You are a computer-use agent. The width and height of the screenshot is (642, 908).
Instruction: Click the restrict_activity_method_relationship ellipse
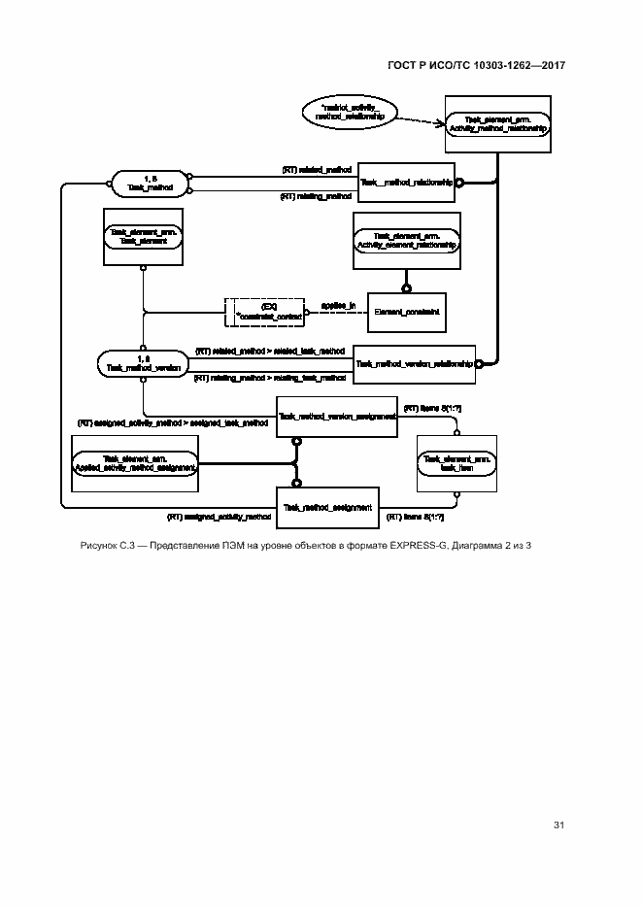[x=344, y=110]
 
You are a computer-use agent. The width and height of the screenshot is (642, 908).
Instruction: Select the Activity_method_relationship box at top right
[x=498, y=123]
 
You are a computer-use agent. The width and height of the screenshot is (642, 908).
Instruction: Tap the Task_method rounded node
[x=150, y=184]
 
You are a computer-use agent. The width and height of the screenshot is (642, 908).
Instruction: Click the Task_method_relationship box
[x=406, y=182]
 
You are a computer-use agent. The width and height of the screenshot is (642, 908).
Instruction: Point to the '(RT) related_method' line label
[x=317, y=170]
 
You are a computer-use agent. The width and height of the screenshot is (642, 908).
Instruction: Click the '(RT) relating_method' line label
[x=316, y=196]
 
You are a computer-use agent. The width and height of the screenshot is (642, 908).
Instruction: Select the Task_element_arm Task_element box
[x=143, y=236]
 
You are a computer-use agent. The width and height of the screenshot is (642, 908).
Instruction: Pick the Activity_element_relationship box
[x=406, y=240]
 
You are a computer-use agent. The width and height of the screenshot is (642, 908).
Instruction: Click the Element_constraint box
[x=406, y=312]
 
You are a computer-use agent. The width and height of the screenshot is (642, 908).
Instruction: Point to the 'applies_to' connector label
[x=339, y=305]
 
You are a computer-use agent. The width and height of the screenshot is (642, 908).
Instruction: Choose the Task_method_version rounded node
[x=142, y=364]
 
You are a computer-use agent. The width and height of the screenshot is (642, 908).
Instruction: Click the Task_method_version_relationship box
[x=414, y=364]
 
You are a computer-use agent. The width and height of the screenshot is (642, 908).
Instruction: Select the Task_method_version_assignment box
[x=337, y=417]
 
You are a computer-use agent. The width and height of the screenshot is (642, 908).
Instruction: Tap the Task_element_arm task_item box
[x=456, y=462]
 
